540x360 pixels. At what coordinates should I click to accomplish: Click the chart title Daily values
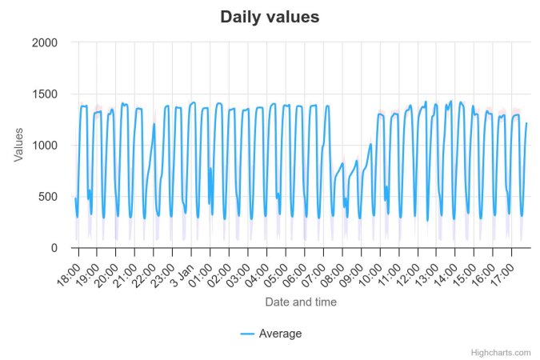[x=270, y=17]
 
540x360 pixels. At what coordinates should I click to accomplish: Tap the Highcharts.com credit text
[x=501, y=352]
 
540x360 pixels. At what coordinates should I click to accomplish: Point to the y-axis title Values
[x=19, y=145]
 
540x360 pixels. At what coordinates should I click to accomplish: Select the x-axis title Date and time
[x=301, y=302]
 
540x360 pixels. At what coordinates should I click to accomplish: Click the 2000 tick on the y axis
[x=45, y=42]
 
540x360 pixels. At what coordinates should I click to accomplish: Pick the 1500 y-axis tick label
[x=45, y=94]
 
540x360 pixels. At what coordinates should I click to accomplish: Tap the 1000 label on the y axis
[x=45, y=146]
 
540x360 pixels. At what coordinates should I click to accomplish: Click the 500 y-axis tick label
[x=48, y=197]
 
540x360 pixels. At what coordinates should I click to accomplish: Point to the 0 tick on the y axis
[x=54, y=248]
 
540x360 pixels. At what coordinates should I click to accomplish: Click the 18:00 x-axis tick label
[x=69, y=270]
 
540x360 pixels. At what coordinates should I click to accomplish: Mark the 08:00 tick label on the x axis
[x=333, y=270]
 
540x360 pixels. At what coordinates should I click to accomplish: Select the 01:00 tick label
[x=201, y=270]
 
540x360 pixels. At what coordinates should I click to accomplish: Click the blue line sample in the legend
[x=247, y=334]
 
